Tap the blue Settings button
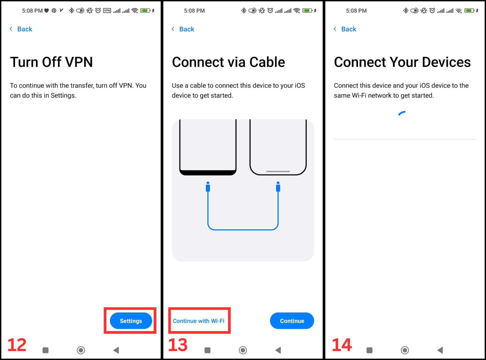(x=131, y=321)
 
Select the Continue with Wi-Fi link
(x=199, y=321)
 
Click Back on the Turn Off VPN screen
(x=21, y=29)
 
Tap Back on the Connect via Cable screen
(x=183, y=29)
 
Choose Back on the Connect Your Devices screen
(x=345, y=29)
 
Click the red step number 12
(x=17, y=345)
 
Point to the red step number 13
(x=178, y=345)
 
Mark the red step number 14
(x=342, y=345)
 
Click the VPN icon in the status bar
(x=107, y=11)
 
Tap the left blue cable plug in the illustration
(x=208, y=187)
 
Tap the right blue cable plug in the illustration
(x=278, y=187)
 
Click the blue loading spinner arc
(x=401, y=113)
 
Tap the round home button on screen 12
(x=81, y=350)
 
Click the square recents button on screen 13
(x=207, y=350)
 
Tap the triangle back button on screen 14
(x=440, y=350)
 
